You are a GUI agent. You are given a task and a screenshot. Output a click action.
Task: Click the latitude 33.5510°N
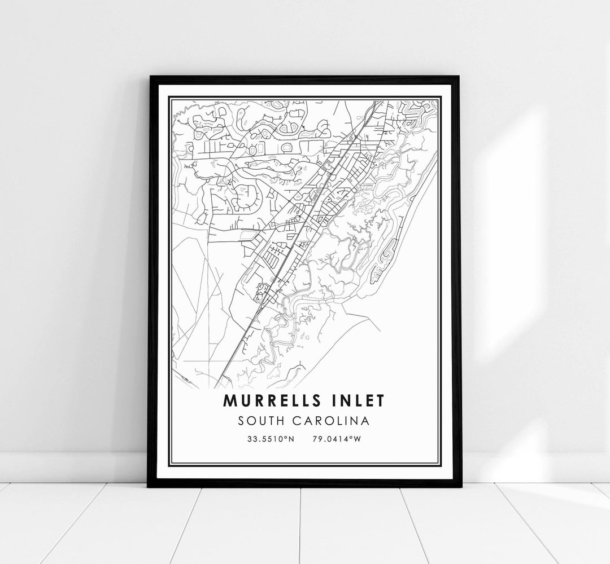pyautogui.click(x=271, y=439)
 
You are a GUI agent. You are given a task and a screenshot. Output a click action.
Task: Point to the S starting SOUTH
pyautogui.click(x=242, y=421)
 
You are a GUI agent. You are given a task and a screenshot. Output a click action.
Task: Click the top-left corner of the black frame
pyautogui.click(x=149, y=77)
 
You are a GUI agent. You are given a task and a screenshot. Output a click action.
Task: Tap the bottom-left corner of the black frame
pyautogui.click(x=149, y=486)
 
